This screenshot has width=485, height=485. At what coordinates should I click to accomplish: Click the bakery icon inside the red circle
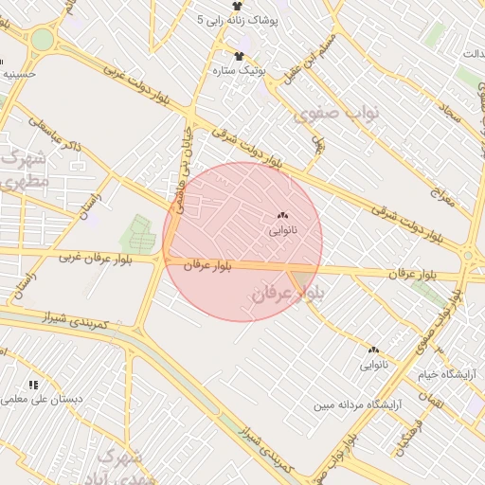click(x=282, y=215)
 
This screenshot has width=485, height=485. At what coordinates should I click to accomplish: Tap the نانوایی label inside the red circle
click(x=282, y=230)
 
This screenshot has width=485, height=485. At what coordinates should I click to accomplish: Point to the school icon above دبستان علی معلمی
click(x=34, y=385)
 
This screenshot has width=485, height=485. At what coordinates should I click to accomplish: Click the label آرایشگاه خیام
click(x=451, y=374)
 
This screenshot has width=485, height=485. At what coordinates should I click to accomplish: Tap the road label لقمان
click(x=432, y=402)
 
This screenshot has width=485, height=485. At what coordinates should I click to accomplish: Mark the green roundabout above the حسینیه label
click(x=42, y=40)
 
